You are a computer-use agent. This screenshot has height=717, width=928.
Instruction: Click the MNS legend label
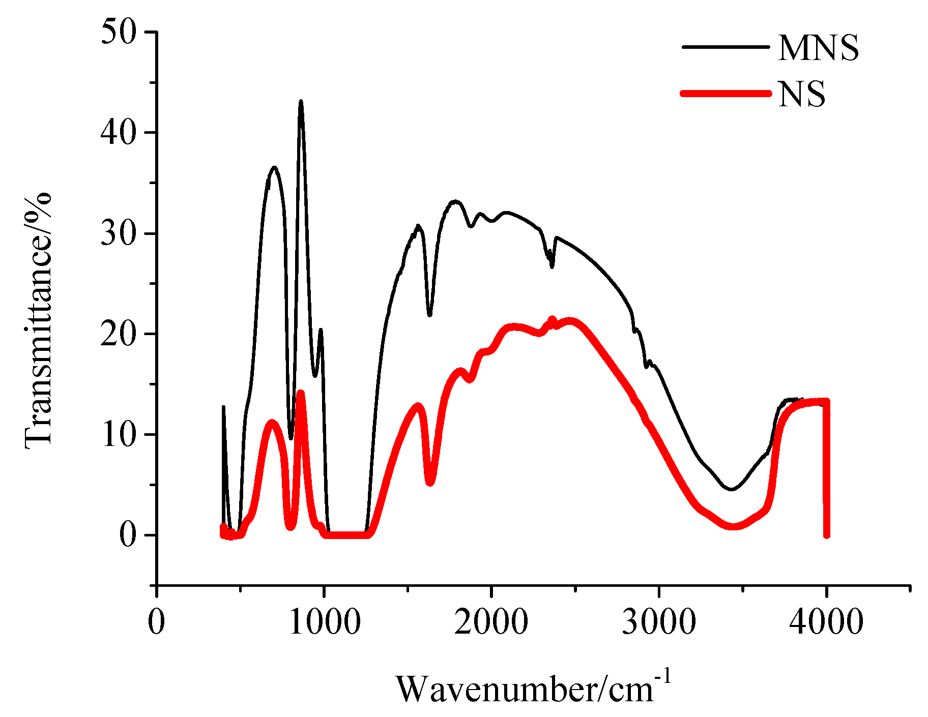[818, 48]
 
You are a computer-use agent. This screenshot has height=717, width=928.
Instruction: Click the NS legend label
[802, 94]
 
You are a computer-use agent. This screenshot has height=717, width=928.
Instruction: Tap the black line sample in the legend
[726, 47]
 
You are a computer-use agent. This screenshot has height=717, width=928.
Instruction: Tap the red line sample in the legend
[726, 93]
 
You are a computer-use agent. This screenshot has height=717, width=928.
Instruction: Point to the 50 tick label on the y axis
[119, 32]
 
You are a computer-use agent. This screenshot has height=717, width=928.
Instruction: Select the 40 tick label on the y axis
[119, 133]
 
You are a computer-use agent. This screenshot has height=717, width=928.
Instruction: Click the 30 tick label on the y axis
[119, 233]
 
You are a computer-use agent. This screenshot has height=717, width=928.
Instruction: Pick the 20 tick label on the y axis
[119, 334]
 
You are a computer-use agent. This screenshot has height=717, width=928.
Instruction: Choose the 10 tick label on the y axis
[119, 435]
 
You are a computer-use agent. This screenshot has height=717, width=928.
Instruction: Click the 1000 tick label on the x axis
[325, 621]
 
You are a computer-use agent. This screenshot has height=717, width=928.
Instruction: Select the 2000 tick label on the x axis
[491, 621]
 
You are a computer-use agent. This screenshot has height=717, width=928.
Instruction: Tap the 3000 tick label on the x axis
[659, 621]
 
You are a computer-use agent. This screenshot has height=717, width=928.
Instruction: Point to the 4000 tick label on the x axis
[826, 621]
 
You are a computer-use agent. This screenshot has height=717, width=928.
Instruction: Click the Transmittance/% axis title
[39, 320]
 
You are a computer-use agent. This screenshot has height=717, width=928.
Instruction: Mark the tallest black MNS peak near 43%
[301, 102]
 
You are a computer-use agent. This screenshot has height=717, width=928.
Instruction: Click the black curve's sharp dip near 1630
[430, 315]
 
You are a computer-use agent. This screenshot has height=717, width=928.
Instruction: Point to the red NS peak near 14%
[300, 394]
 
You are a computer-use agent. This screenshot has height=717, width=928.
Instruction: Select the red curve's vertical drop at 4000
[826, 468]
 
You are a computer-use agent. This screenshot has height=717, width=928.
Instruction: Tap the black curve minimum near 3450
[731, 489]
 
